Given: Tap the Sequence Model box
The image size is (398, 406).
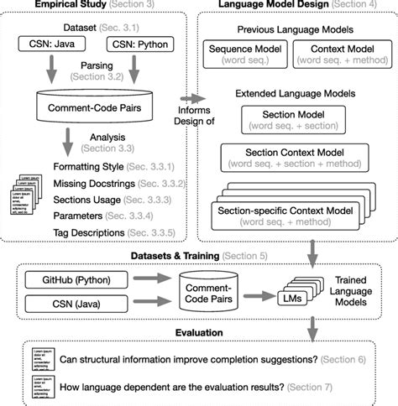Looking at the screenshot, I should [x=245, y=56].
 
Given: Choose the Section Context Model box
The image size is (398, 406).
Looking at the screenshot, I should [x=291, y=156].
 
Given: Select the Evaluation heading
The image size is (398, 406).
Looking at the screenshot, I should [x=199, y=333].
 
